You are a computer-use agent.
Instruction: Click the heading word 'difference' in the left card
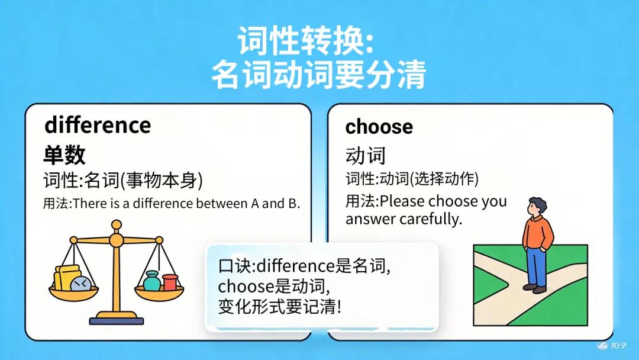point(98,126)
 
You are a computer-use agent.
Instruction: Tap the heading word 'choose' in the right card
point(379,127)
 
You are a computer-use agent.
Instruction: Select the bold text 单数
point(64,155)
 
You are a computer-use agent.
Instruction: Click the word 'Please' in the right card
point(402,201)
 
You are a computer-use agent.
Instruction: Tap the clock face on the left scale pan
point(79,284)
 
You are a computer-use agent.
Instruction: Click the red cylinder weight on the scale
point(170,282)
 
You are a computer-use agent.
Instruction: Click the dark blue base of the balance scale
point(117,321)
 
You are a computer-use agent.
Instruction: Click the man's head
point(536,207)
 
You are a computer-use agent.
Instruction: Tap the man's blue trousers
point(536,266)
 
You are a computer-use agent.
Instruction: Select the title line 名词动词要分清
point(319,76)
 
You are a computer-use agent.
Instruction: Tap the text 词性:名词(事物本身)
point(123,180)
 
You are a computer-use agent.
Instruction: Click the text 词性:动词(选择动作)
point(412,179)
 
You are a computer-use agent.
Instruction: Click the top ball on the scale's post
point(117,224)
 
